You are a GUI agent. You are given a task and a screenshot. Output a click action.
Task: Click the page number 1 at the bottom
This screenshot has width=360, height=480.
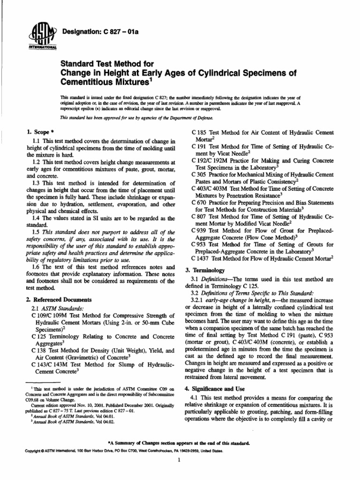pos(180,461)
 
